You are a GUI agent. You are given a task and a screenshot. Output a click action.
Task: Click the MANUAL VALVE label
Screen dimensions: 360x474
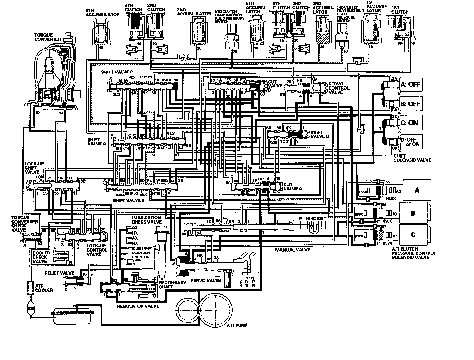coord(292,250)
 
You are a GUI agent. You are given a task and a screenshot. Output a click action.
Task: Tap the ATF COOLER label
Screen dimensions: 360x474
coord(44,288)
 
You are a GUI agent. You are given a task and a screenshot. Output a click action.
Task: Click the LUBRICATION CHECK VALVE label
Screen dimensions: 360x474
coord(147,220)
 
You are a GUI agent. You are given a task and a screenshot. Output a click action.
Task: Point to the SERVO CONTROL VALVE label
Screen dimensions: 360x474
coord(339,88)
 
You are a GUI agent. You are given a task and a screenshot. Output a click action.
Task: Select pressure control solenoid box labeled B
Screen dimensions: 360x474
coord(413,213)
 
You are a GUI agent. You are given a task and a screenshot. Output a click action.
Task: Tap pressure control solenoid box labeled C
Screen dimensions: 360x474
coord(413,235)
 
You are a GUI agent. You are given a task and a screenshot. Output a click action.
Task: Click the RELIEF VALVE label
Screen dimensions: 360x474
coord(59,273)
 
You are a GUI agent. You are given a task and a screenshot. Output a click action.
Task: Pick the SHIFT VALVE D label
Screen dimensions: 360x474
coord(320,135)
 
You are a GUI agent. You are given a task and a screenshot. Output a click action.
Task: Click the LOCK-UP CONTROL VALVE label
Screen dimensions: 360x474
coord(96,250)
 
